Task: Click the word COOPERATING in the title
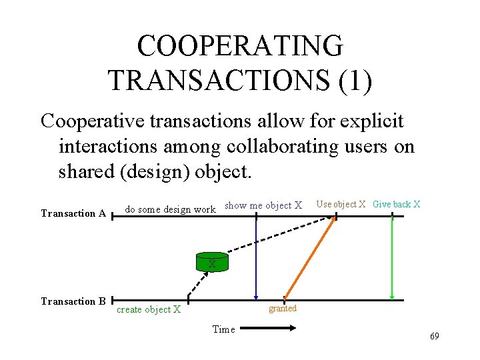240,46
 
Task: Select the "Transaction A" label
73,213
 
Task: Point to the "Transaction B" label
73,301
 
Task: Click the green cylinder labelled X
212,262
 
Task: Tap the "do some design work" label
171,209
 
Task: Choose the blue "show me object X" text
263,205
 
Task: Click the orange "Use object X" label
341,204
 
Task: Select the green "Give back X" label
396,204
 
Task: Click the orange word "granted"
282,309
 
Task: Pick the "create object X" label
149,309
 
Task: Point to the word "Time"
223,329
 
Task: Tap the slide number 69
434,336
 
